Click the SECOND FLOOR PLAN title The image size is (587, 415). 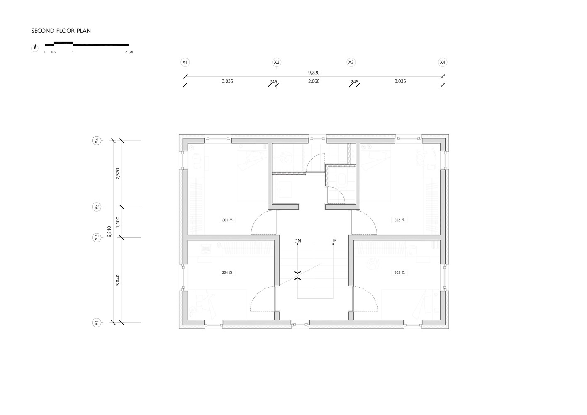61,31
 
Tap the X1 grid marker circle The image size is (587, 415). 185,63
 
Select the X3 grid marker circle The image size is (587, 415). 351,63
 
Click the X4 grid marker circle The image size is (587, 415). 443,63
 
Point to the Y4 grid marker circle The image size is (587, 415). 96,141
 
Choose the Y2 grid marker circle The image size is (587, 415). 96,238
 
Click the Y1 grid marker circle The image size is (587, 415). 96,323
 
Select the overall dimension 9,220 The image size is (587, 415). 314,73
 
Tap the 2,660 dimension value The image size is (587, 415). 314,81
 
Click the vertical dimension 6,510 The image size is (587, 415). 110,231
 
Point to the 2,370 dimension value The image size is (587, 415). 118,173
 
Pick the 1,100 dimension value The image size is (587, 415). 118,222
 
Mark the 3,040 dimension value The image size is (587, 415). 118,280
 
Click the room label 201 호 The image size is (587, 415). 227,220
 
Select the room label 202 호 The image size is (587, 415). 399,220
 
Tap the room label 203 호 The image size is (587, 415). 399,273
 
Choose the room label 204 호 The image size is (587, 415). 227,273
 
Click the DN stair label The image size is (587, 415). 297,241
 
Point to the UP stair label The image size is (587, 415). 333,241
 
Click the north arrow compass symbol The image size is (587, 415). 35,48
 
